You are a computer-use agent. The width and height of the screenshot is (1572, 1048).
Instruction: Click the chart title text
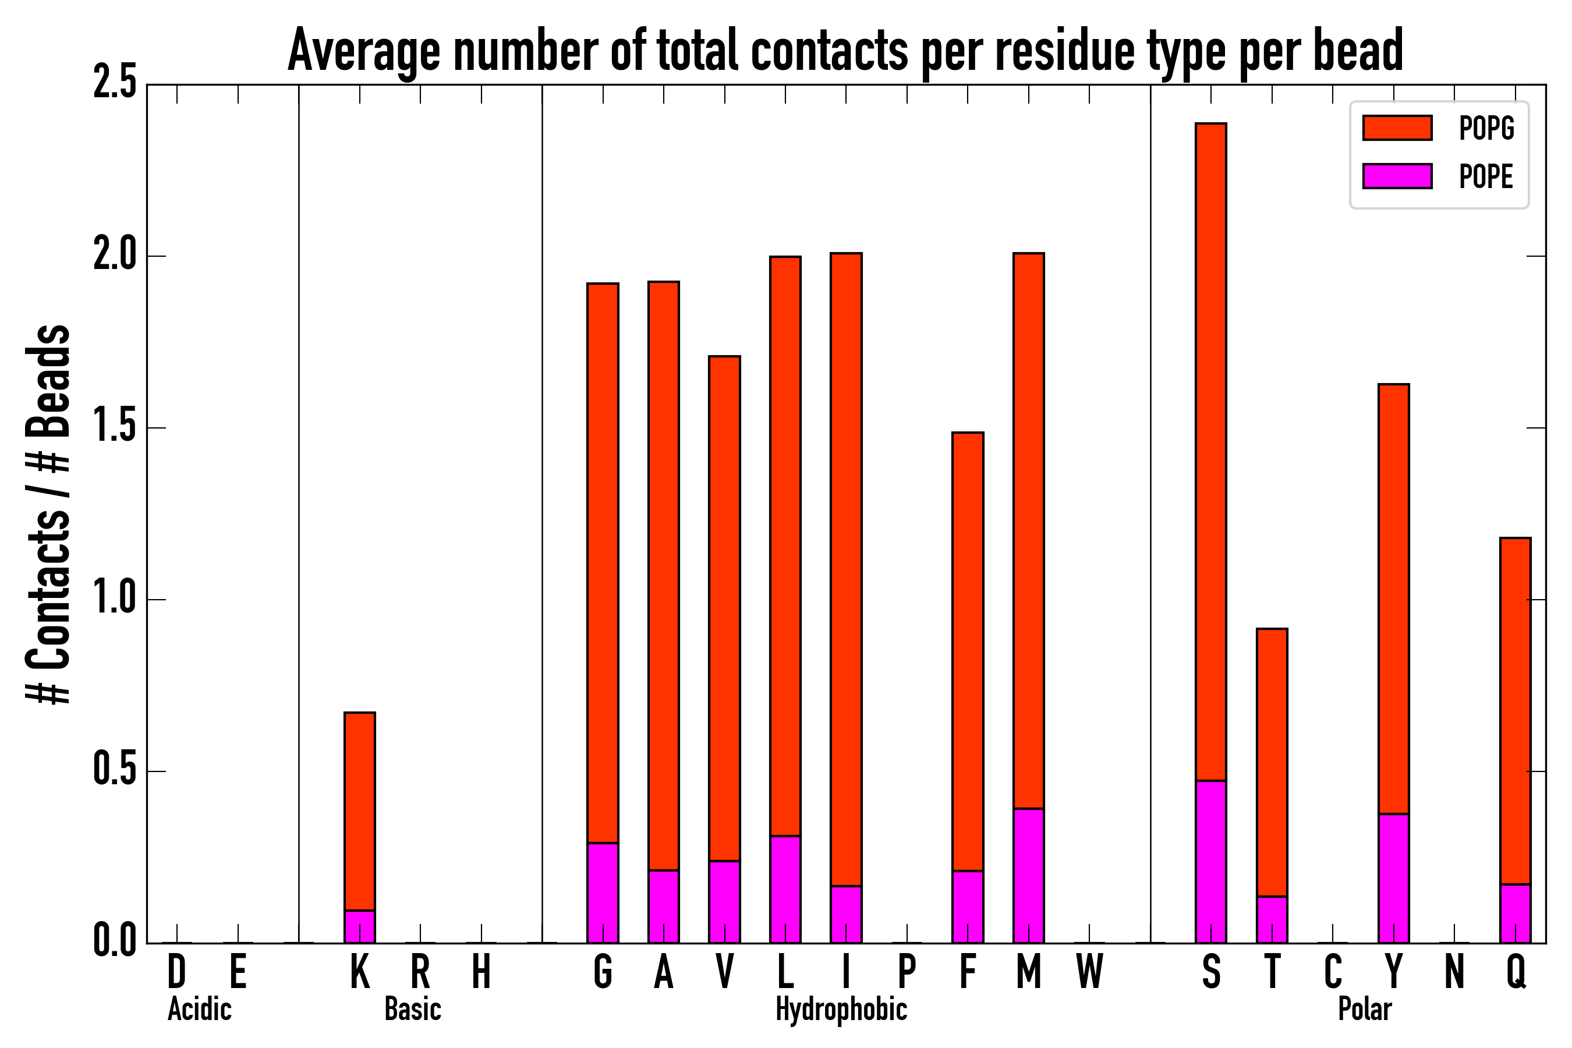tap(845, 51)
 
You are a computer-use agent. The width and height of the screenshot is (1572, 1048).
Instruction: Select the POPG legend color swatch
tap(1397, 128)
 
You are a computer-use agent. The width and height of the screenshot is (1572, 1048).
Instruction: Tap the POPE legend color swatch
tap(1397, 176)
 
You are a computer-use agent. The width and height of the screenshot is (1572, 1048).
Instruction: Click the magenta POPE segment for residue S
tap(1210, 862)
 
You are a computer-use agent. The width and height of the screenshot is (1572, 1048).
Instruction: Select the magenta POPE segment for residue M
tap(1028, 876)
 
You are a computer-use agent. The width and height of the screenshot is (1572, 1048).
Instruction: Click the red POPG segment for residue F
tap(967, 652)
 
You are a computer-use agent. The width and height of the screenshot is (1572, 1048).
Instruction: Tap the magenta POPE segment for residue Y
tap(1393, 878)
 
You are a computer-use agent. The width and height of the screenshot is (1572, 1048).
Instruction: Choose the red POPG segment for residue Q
tap(1514, 711)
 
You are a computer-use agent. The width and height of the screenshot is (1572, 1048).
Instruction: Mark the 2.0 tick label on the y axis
tap(115, 256)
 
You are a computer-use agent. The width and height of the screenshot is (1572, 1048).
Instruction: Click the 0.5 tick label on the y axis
tap(115, 771)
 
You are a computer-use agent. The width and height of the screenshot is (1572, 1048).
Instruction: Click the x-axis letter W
tap(1089, 972)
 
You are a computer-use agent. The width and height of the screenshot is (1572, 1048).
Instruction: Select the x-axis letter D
tap(176, 972)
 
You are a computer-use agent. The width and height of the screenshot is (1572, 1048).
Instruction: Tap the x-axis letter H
tap(481, 972)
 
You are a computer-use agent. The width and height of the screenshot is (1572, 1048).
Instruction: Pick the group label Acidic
tap(199, 1009)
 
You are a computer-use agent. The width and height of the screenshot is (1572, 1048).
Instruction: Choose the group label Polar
tap(1364, 1009)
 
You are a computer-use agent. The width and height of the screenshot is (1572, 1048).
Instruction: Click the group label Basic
tap(412, 1009)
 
